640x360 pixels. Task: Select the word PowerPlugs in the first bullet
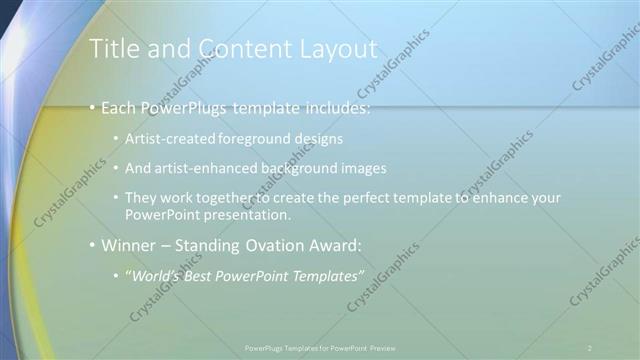pyautogui.click(x=185, y=107)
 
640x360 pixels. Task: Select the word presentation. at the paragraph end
pyautogui.click(x=255, y=215)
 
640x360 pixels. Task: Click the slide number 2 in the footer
pyautogui.click(x=590, y=347)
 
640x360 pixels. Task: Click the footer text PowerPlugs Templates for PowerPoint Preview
pyautogui.click(x=320, y=347)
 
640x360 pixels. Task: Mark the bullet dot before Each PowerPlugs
pyautogui.click(x=93, y=108)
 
